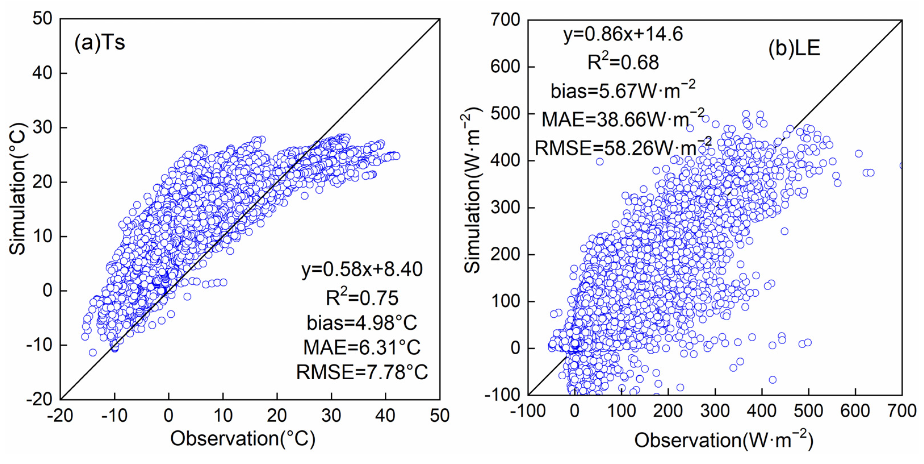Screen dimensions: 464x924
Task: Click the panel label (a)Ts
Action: click(x=99, y=43)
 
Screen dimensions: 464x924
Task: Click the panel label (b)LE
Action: click(x=794, y=48)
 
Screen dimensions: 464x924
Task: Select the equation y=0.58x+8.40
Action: click(x=362, y=269)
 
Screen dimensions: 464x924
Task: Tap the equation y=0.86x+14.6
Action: click(x=623, y=34)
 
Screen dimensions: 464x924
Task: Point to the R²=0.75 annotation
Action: click(x=362, y=298)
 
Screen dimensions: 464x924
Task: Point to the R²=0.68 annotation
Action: click(x=623, y=62)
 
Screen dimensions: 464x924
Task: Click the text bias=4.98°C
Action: click(x=362, y=322)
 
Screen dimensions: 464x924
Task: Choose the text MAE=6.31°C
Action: click(x=362, y=347)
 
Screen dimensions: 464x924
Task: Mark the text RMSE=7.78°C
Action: click(x=362, y=372)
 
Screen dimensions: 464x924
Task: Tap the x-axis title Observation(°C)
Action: click(x=243, y=438)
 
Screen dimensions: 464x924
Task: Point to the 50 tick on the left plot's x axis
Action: click(x=440, y=415)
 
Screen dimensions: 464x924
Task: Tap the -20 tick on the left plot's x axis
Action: click(x=60, y=415)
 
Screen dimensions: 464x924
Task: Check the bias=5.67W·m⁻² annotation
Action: click(x=623, y=91)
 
